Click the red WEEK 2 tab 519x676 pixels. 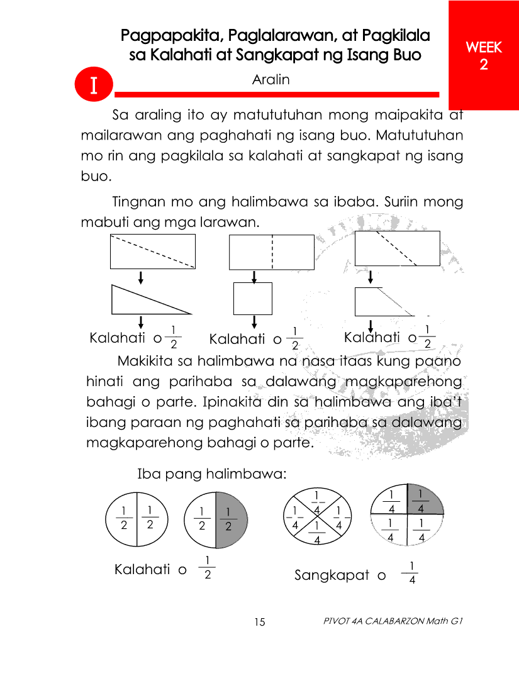coord(483,55)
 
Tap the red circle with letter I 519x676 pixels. coord(93,86)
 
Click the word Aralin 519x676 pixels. coord(271,80)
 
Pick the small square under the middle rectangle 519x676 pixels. coord(253,299)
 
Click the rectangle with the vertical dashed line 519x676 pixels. coord(271,252)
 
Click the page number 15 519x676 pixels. coord(260,623)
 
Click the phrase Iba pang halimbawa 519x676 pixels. coord(212,474)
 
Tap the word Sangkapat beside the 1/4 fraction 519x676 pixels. coord(332,575)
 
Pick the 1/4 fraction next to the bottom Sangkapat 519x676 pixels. coord(411,573)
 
